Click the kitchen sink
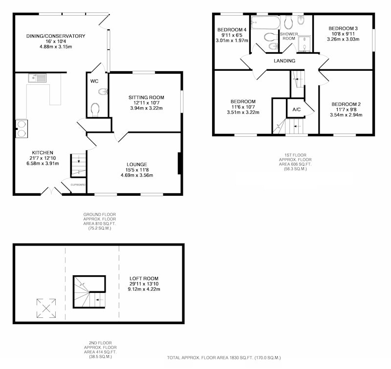coord(37,78)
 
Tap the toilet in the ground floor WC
coord(95,110)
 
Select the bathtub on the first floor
coord(265,22)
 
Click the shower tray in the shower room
coord(304,43)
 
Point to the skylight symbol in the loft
coord(46,308)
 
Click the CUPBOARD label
coord(78,185)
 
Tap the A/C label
coord(297,109)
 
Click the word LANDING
coord(284,61)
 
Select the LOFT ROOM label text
coord(144,278)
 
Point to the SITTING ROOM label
coord(146,97)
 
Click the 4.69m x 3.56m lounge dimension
coord(137,175)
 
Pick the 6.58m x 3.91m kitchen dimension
coord(43,164)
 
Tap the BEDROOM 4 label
coord(232,30)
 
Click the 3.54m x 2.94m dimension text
coord(346,115)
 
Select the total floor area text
coord(224,358)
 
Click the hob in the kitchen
coord(22,129)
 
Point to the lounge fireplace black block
coord(179,164)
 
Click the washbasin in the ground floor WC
coord(103,92)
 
